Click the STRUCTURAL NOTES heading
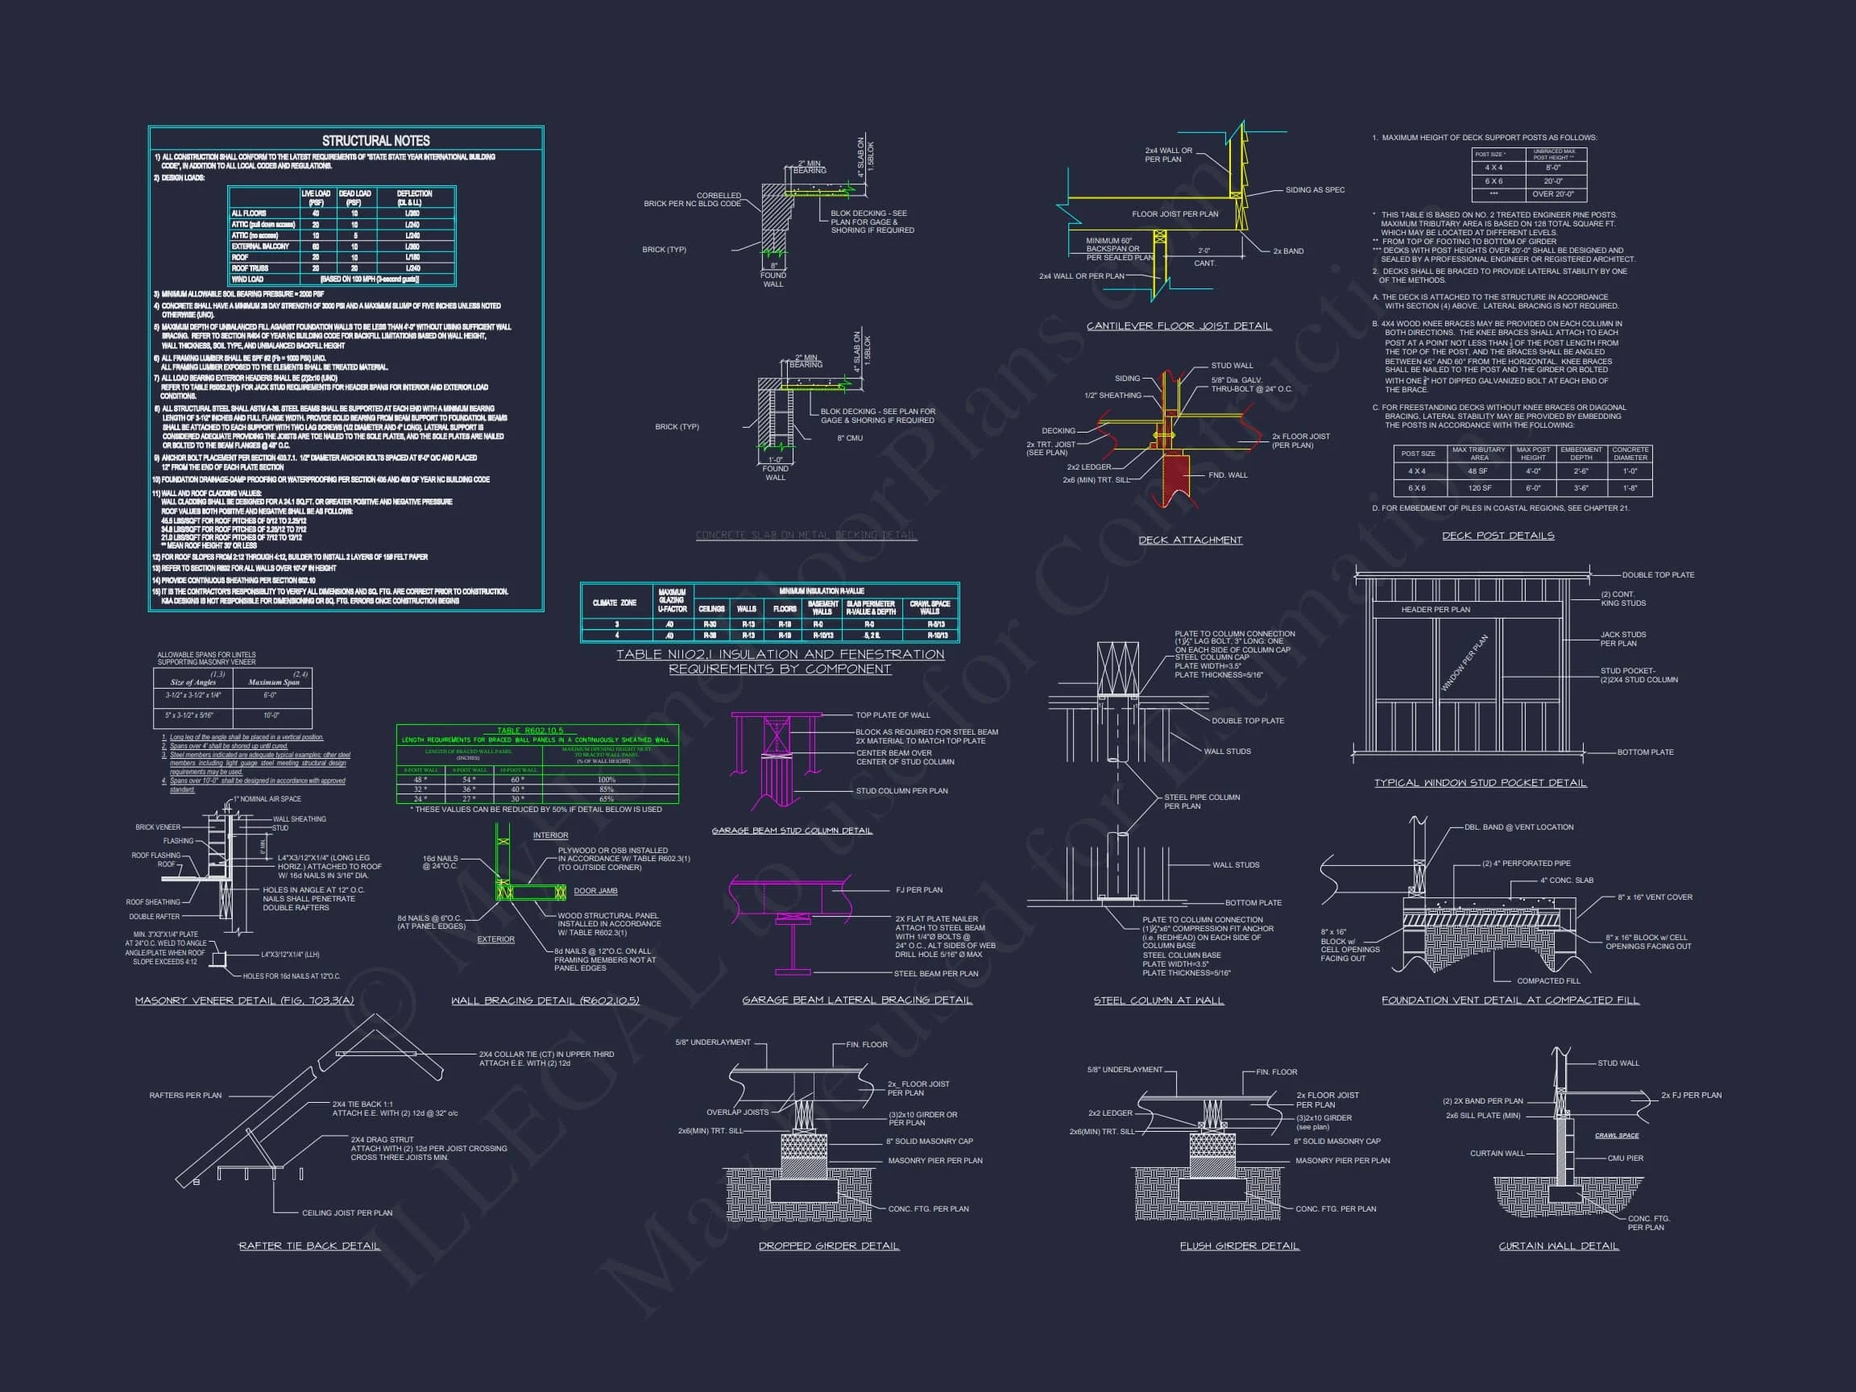click(x=375, y=141)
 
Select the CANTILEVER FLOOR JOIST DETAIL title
click(x=1178, y=325)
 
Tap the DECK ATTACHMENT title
click(x=1190, y=540)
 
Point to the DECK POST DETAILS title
click(x=1498, y=536)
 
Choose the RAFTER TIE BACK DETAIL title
click(x=309, y=1246)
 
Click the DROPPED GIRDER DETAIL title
click(x=828, y=1246)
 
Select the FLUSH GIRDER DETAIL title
click(x=1239, y=1246)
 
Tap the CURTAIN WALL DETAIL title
click(x=1558, y=1246)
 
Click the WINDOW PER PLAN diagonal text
click(x=1464, y=663)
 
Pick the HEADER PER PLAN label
click(x=1435, y=609)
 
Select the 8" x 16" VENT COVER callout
click(x=1655, y=897)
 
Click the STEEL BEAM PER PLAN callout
click(x=935, y=973)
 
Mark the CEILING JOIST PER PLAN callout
click(x=346, y=1212)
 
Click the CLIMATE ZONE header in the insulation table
click(x=614, y=603)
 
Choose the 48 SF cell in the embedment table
click(x=1477, y=470)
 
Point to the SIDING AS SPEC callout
click(x=1315, y=189)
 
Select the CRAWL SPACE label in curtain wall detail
click(x=1616, y=1135)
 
